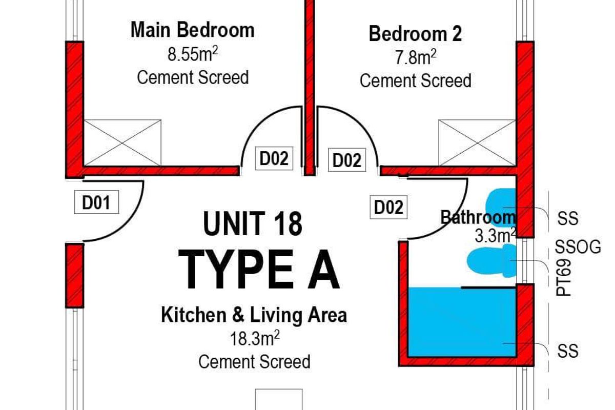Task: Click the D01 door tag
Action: coord(96,202)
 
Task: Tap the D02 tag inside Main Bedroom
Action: coord(274,158)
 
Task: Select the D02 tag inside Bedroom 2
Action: coord(347,160)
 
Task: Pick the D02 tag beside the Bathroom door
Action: coord(388,207)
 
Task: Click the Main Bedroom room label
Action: coord(193,30)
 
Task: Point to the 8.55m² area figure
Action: coord(193,54)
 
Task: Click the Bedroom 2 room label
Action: coord(415,34)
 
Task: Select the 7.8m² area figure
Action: coord(416,57)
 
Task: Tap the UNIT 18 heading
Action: coord(253,223)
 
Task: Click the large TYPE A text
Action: coord(259,270)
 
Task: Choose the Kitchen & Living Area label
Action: coord(254,315)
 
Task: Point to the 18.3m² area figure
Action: coord(255,338)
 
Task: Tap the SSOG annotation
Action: coord(578,247)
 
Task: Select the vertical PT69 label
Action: coord(563,278)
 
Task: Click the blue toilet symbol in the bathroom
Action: coord(491,260)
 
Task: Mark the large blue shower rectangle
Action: coord(462,322)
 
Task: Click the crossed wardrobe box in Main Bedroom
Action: coord(122,143)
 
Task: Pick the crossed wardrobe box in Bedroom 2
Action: coord(477,143)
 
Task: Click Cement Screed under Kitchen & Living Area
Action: coord(255,362)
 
